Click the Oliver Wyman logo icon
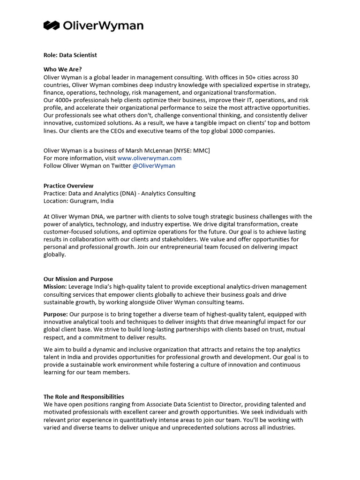(x=51, y=25)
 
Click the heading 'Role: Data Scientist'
(x=70, y=55)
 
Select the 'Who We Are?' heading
(x=63, y=69)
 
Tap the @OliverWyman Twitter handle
(x=154, y=165)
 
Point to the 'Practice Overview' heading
(x=68, y=186)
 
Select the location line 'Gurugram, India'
(x=92, y=201)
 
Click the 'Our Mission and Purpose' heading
(x=78, y=279)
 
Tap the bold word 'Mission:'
(x=55, y=286)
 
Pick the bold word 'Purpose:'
(x=56, y=314)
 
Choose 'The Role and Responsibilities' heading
(x=84, y=397)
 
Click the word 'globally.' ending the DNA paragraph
(x=55, y=255)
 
